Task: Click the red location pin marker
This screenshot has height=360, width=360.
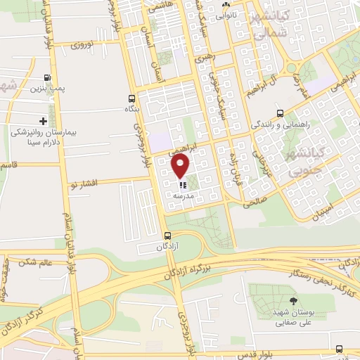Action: click(x=181, y=167)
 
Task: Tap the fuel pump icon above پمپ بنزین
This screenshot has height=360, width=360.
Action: click(x=47, y=78)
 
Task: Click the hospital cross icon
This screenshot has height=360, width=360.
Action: click(x=44, y=121)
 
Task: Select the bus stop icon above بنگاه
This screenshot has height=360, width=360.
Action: click(x=131, y=98)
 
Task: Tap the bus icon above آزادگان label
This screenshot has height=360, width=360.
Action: click(x=167, y=236)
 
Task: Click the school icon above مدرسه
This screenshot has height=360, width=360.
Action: click(x=182, y=186)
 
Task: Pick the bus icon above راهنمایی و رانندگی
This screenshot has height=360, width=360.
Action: click(x=280, y=112)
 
